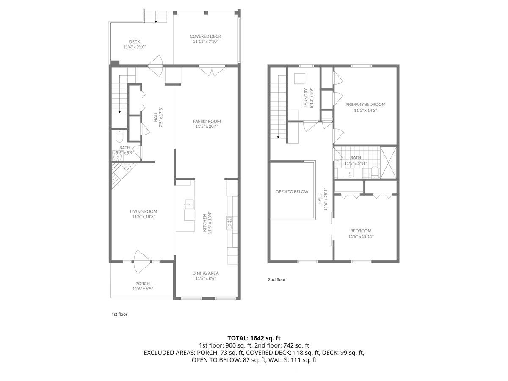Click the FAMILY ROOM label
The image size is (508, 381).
[x=208, y=121]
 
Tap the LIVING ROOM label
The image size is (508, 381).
[x=143, y=212]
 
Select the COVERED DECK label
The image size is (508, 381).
[x=205, y=36]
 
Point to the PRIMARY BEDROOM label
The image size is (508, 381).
[x=365, y=105]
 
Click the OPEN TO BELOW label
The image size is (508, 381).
[x=292, y=192]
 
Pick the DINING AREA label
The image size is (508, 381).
[x=205, y=273]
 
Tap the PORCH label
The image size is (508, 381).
[x=143, y=284]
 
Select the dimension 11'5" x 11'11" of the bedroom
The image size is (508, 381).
[x=361, y=237]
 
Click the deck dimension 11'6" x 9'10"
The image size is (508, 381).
[x=135, y=47]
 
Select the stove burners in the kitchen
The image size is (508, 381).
[x=230, y=223]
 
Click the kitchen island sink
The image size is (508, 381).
[x=189, y=204]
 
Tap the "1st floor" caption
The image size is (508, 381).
[x=119, y=315]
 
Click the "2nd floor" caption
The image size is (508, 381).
[x=277, y=279]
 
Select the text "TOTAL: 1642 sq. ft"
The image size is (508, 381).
[x=254, y=338]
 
